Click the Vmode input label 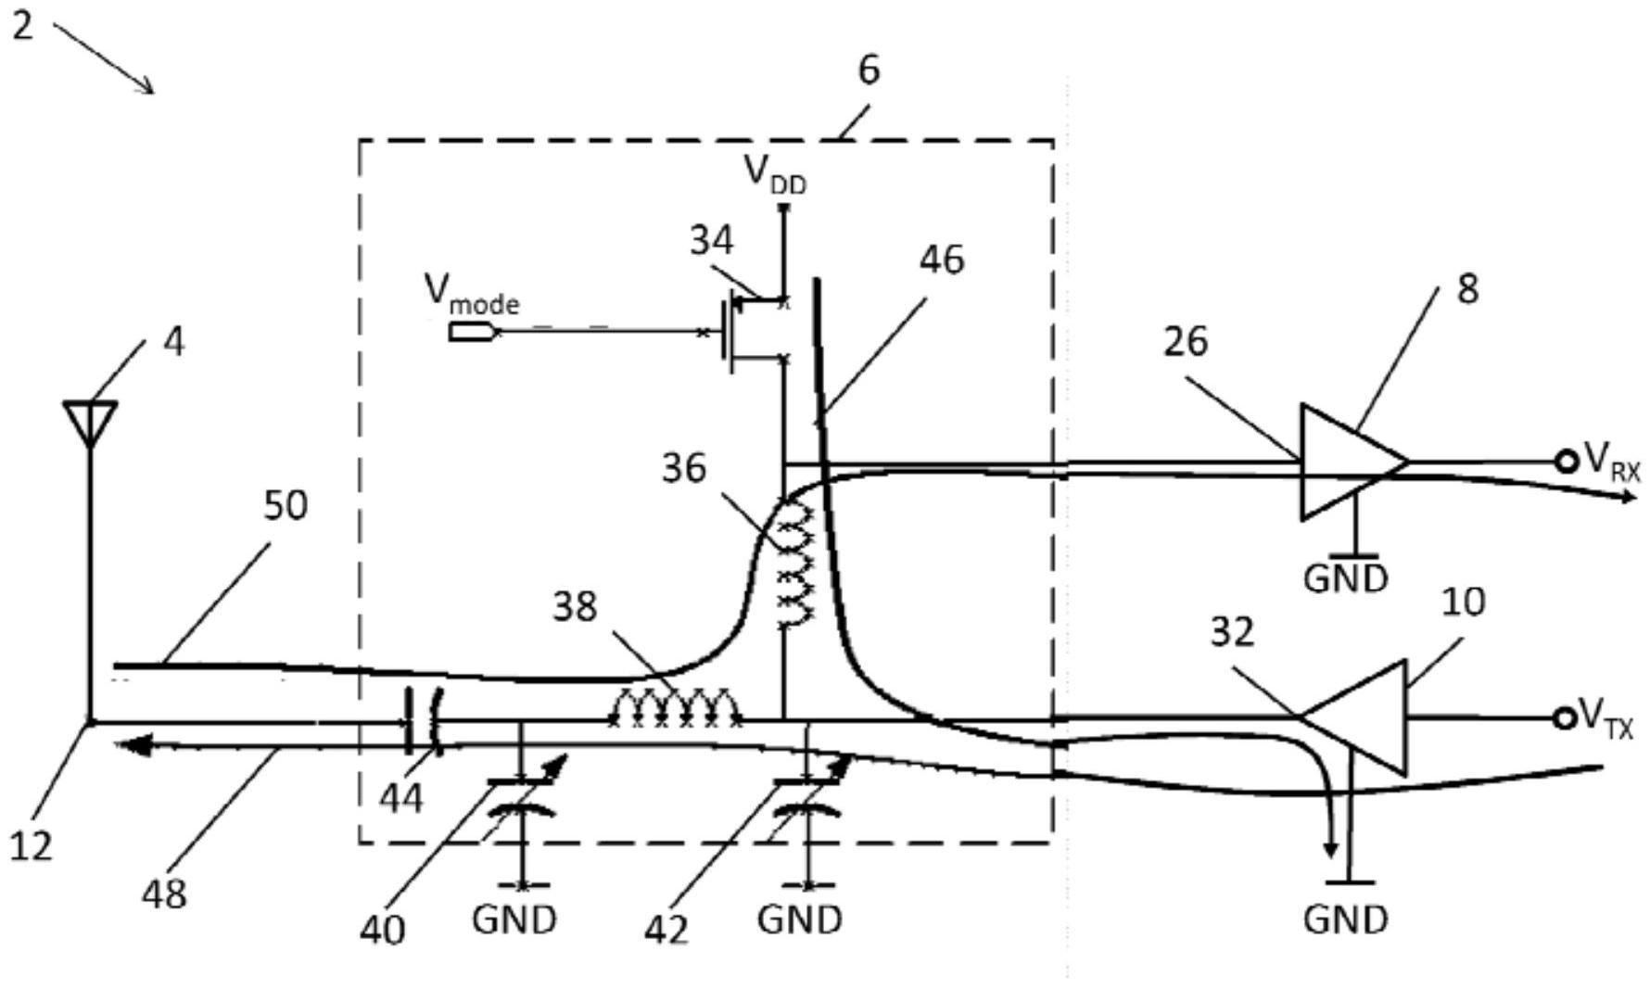click(472, 293)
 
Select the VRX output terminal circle click(1566, 461)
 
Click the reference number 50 click(286, 506)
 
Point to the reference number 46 click(942, 260)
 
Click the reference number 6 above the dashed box click(869, 70)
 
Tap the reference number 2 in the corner click(22, 24)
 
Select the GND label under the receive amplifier click(1345, 579)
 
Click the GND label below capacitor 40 click(514, 920)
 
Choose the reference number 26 click(1187, 342)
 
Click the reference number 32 click(1232, 632)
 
